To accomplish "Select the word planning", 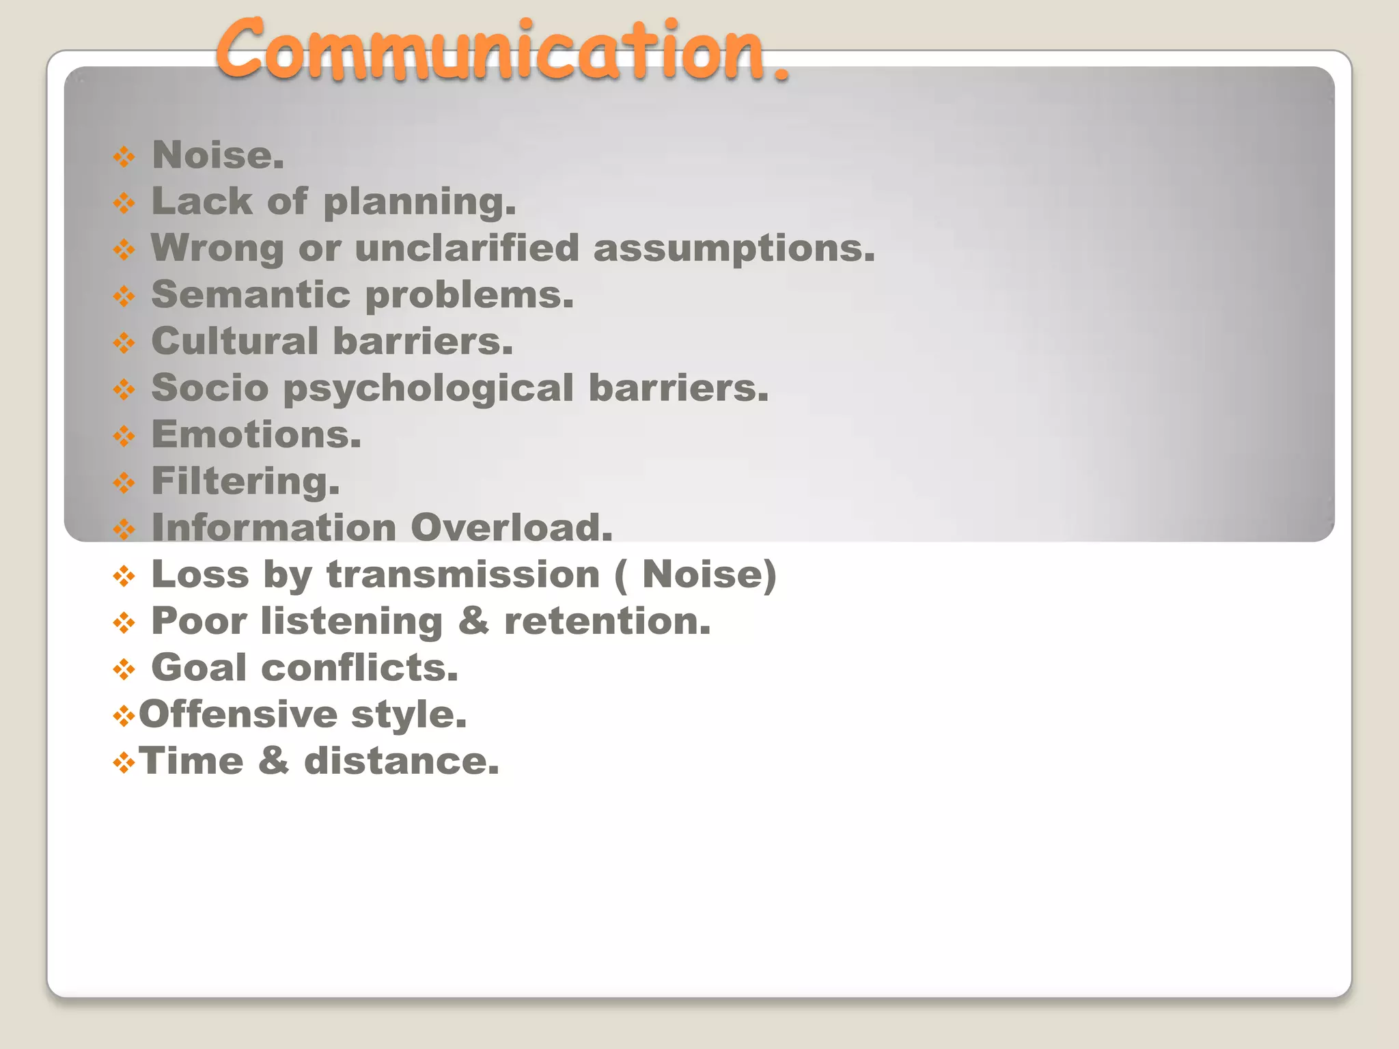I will (x=419, y=202).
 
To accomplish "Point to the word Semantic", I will (x=251, y=294).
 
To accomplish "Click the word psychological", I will (x=428, y=389).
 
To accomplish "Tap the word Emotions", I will (x=256, y=434).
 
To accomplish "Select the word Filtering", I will (x=245, y=481).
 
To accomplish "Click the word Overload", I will (x=511, y=527).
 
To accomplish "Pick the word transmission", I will (x=463, y=574).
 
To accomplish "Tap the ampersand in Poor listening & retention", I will (x=473, y=621).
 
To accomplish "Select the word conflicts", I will (x=359, y=667).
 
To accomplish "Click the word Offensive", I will (x=238, y=714).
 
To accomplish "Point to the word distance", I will (x=401, y=761).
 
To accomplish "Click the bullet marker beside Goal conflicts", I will (x=124, y=669).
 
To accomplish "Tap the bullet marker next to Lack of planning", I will (x=124, y=203).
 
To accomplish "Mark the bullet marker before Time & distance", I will (x=124, y=763).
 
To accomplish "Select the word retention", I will (x=607, y=621).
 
